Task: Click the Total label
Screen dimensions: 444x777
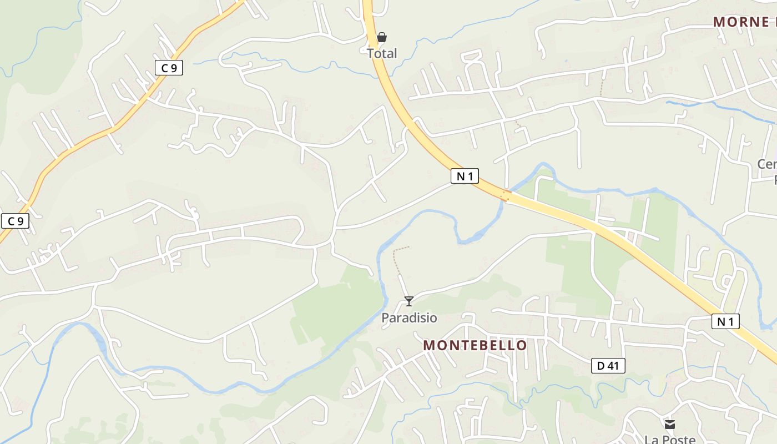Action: pos(382,54)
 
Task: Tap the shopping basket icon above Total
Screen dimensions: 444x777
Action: pos(382,38)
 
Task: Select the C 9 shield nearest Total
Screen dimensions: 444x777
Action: pos(169,68)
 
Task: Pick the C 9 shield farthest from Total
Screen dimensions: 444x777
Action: pos(15,221)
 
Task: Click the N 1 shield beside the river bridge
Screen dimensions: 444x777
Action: pos(465,176)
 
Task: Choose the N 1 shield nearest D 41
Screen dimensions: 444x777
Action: pos(725,321)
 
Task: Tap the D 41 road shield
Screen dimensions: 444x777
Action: pos(608,366)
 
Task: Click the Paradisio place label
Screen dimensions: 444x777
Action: pos(409,318)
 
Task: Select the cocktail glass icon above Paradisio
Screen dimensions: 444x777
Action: pos(409,301)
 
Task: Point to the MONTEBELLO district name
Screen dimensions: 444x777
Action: pos(475,345)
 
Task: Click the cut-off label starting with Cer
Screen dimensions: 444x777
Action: pos(768,165)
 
